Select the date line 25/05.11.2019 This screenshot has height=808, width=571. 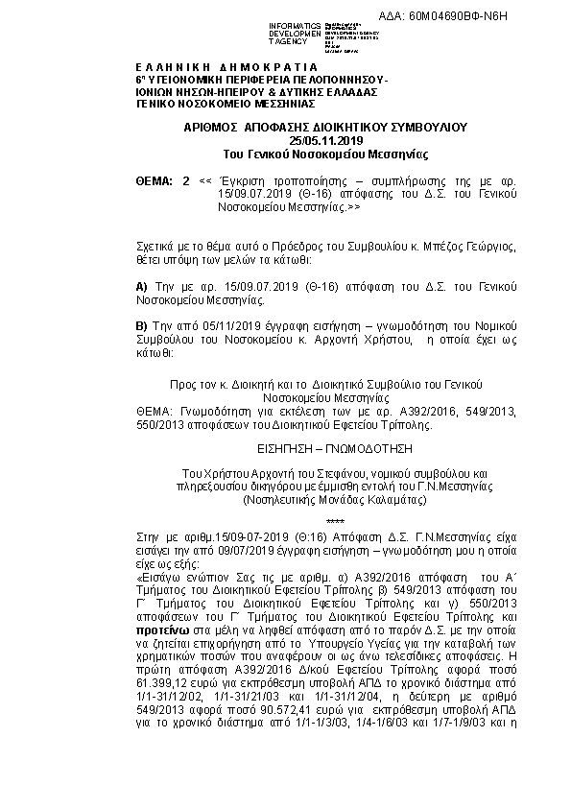point(284,141)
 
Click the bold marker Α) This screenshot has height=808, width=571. point(142,287)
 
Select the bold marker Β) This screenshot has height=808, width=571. point(142,327)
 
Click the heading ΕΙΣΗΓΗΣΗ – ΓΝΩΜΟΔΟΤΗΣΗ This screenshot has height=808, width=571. point(285,447)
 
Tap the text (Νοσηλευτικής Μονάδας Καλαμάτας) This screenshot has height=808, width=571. point(284,500)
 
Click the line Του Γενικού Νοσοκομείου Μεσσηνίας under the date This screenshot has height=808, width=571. point(284,154)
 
